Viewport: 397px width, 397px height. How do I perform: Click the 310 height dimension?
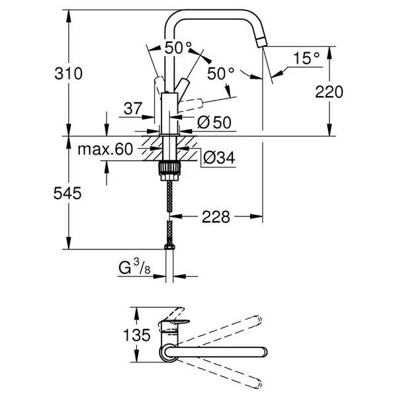pyautogui.click(x=68, y=73)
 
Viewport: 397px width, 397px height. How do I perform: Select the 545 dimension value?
pyautogui.click(x=67, y=193)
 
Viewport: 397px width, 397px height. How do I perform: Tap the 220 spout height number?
pyautogui.click(x=329, y=92)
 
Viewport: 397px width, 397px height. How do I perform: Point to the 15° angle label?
pyautogui.click(x=306, y=58)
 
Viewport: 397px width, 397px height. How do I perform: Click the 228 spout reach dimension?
pyautogui.click(x=216, y=217)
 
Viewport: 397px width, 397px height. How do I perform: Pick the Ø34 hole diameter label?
pyautogui.click(x=219, y=158)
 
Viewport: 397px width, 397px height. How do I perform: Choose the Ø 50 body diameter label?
pyautogui.click(x=214, y=122)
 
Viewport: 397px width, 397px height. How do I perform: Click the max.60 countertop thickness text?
pyautogui.click(x=105, y=149)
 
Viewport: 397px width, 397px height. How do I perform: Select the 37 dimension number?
pyautogui.click(x=133, y=109)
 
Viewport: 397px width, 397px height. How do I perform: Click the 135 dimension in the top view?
pyautogui.click(x=137, y=335)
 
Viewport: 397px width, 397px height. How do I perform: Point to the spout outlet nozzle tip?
pyautogui.click(x=262, y=42)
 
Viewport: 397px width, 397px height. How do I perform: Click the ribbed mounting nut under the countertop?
pyautogui.click(x=169, y=171)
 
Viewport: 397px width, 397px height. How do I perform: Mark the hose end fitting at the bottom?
pyautogui.click(x=169, y=247)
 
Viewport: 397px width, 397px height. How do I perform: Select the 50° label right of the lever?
pyautogui.click(x=220, y=73)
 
